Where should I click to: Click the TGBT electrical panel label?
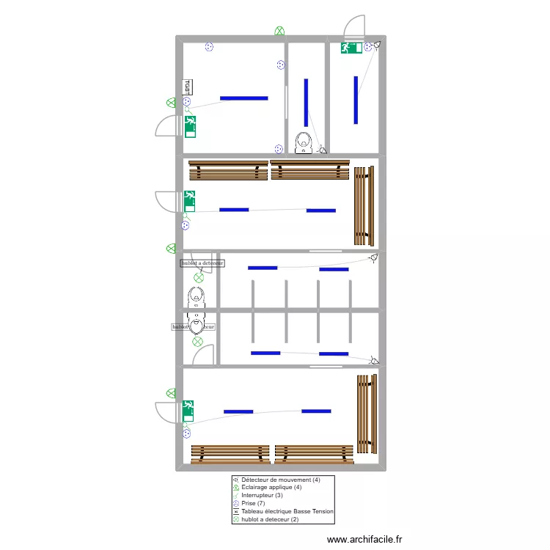tap(187, 87)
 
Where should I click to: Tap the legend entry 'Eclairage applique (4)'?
tap(271, 488)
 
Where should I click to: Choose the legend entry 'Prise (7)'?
tap(253, 503)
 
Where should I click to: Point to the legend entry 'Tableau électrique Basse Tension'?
tap(287, 511)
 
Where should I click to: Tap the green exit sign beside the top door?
tap(351, 48)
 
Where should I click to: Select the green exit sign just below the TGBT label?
tap(190, 126)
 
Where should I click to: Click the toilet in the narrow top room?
tap(304, 142)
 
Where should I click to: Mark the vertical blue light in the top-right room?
tap(356, 99)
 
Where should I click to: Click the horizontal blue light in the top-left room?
tap(243, 98)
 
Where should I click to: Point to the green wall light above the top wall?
tap(279, 31)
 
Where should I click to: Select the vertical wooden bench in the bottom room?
tap(365, 414)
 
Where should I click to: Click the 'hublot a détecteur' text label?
tap(202, 263)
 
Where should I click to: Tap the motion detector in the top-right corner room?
tap(377, 45)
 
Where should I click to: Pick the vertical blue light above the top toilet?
tap(306, 101)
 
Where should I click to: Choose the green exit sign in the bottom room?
tap(188, 408)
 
